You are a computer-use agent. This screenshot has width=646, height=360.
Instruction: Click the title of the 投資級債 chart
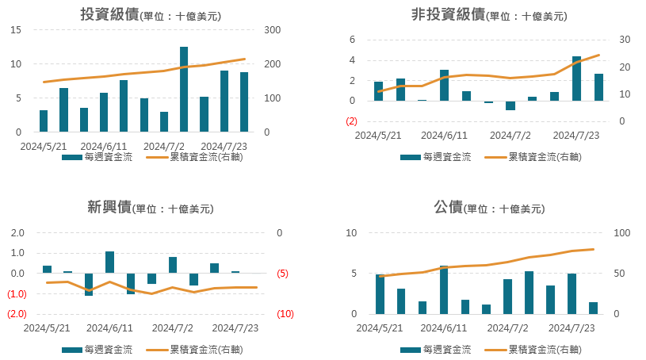click(x=151, y=14)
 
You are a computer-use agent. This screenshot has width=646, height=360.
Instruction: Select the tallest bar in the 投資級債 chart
click(x=184, y=89)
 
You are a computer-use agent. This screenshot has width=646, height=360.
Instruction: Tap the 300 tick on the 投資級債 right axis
click(x=273, y=29)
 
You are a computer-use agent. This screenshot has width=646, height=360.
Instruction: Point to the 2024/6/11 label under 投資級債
click(x=103, y=147)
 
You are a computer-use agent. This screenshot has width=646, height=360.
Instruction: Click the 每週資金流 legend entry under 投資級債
click(x=97, y=157)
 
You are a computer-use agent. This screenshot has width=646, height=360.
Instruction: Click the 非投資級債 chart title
click(x=489, y=14)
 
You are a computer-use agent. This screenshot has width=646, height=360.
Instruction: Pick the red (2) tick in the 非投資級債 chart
click(x=351, y=121)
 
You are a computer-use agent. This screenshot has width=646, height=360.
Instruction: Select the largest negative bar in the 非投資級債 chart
click(x=510, y=105)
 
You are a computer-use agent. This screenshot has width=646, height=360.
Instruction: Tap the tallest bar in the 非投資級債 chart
click(x=576, y=79)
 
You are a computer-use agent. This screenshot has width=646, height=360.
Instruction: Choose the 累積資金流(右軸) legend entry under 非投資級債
click(x=533, y=157)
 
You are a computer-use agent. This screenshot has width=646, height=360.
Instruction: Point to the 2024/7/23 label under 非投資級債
click(x=576, y=136)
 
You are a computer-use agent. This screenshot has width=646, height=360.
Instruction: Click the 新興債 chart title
click(x=151, y=207)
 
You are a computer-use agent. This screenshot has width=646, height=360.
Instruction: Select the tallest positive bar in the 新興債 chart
click(x=109, y=262)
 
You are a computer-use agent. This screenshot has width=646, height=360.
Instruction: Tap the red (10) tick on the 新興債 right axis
click(x=285, y=314)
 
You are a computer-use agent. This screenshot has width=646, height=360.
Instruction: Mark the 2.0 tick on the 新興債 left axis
click(x=17, y=233)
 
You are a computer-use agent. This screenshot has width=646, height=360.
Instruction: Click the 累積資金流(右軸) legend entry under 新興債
click(x=194, y=350)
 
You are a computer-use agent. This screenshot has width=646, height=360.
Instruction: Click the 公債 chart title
click(x=489, y=207)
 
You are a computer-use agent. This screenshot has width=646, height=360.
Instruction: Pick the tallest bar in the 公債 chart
click(x=444, y=290)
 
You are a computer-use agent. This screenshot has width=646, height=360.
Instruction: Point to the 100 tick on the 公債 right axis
click(x=622, y=233)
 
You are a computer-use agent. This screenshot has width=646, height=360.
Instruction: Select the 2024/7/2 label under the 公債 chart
click(x=507, y=327)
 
